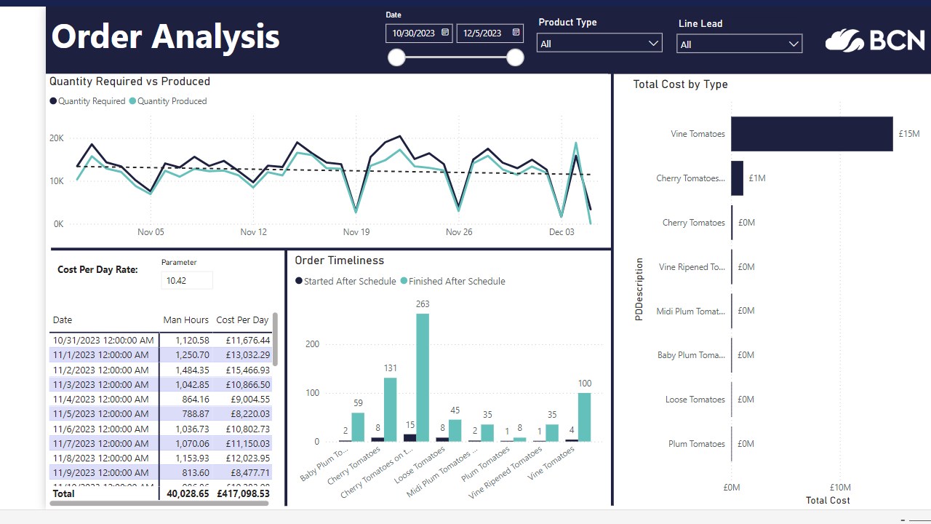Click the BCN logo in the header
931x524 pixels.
tap(875, 40)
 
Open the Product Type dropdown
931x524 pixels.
tap(599, 44)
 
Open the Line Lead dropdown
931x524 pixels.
tap(739, 44)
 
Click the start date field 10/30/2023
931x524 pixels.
tap(415, 33)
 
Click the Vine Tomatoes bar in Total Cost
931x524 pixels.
tap(812, 134)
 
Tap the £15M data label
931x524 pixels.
tap(908, 134)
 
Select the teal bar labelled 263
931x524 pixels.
tap(423, 378)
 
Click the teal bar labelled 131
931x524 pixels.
tap(391, 410)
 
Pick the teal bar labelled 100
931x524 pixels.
tap(584, 417)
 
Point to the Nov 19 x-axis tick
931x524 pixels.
tap(356, 232)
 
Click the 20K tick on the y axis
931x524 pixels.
tap(57, 138)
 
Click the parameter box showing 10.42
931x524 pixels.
tap(187, 280)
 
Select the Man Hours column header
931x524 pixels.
tap(186, 320)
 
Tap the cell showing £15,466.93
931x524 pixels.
tap(243, 370)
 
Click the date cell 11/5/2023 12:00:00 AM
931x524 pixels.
tap(103, 413)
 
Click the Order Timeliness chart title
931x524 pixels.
tap(340, 261)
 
